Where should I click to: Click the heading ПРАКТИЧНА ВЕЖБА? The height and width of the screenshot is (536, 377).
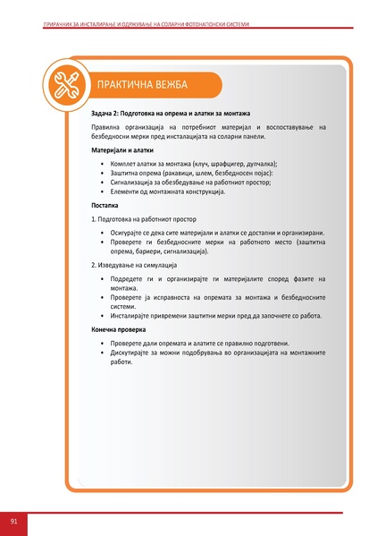tap(143, 85)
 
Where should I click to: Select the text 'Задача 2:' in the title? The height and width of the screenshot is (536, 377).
tap(108, 114)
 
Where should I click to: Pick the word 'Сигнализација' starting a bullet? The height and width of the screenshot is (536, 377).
tap(136, 183)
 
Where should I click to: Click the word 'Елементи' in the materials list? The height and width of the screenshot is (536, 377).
tap(129, 191)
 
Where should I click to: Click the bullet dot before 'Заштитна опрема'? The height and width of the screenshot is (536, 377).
tap(102, 174)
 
